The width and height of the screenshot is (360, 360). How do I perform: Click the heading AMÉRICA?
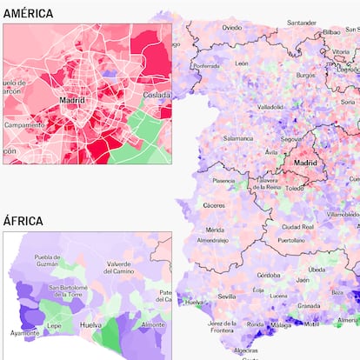pos(28,13)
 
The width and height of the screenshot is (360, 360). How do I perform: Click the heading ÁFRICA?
pos(23,221)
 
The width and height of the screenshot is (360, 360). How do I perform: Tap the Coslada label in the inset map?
pos(157,95)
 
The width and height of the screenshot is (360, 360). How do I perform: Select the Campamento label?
pos(24,124)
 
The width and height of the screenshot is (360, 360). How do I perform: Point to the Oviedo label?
pos(231,28)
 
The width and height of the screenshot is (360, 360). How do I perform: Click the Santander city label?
pos(302,23)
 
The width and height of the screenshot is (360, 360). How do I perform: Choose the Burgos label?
pos(305,76)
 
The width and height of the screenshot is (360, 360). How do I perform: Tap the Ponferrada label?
pos(206,65)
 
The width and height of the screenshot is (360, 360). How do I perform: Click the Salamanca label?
pos(238,138)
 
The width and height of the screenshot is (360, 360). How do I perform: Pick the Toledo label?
pos(295,188)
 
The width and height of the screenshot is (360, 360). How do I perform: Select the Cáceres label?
pos(214,205)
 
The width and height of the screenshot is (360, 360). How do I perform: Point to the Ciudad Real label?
pos(297,226)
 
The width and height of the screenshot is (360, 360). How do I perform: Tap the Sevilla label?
pos(227,296)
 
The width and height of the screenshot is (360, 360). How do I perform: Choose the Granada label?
pos(309,306)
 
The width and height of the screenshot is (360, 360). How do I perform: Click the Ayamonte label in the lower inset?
pos(24,333)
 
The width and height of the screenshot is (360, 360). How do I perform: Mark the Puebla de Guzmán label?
pos(47,261)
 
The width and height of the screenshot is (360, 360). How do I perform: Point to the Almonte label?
pos(153,323)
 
